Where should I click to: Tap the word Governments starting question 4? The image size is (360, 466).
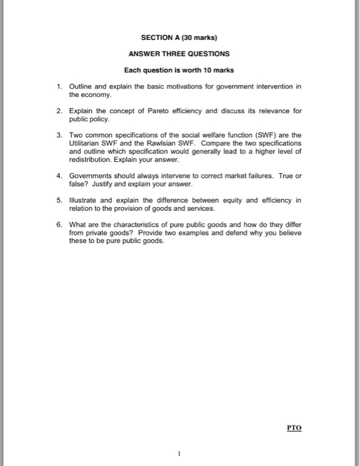(x=93, y=176)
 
